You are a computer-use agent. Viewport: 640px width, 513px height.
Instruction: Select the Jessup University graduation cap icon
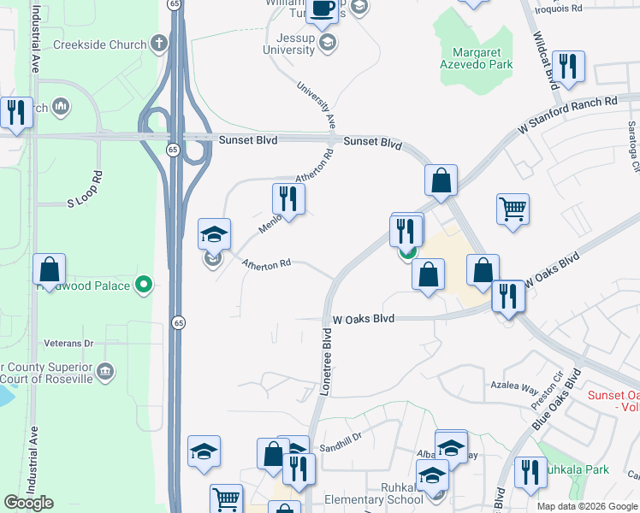pos(326,41)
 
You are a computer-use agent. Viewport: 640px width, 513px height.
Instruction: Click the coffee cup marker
pos(323,9)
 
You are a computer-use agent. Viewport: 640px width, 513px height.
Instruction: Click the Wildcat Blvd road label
pos(545,61)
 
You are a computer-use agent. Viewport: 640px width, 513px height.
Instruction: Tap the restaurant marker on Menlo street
pos(288,199)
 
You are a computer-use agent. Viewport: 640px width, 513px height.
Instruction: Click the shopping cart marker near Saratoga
pos(513,208)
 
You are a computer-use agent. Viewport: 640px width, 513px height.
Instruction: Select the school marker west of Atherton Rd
pos(214,233)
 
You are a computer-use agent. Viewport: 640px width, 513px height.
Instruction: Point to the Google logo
pos(28,503)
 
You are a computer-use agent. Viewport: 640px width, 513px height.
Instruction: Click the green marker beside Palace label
pos(145,285)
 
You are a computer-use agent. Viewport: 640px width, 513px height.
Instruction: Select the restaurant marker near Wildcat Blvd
pos(568,66)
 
